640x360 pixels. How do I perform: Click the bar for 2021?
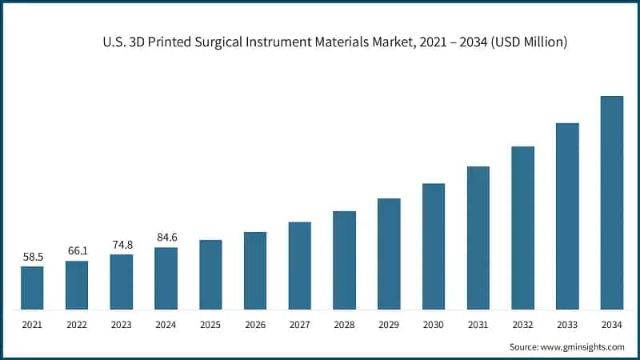[x=32, y=288]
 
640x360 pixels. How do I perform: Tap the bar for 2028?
[x=344, y=260]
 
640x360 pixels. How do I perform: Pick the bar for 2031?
[x=478, y=238]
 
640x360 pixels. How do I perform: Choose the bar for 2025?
[x=210, y=274]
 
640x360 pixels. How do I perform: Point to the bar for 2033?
[x=567, y=216]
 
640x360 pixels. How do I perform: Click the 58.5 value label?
[x=32, y=257]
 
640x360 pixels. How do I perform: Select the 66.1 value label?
[x=77, y=251]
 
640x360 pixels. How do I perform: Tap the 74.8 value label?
[x=122, y=245]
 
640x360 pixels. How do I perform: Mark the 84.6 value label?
[x=166, y=237]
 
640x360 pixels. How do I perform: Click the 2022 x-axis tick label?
[x=77, y=324]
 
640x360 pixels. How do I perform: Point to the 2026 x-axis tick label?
[x=255, y=324]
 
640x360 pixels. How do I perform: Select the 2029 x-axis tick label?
[x=389, y=324]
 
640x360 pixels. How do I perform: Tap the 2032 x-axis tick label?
[x=522, y=324]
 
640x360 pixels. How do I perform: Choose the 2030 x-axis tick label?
[x=434, y=324]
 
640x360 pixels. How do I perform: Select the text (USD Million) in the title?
[x=530, y=42]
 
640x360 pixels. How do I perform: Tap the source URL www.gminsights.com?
[x=582, y=346]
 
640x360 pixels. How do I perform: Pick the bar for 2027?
[x=300, y=266]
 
